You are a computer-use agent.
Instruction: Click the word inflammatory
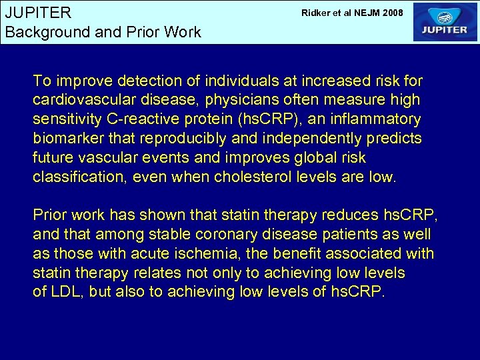(x=375, y=120)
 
